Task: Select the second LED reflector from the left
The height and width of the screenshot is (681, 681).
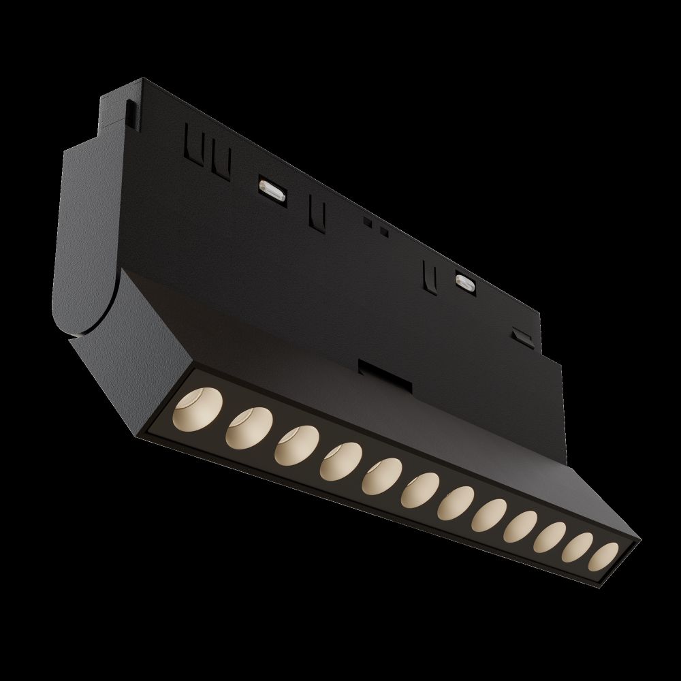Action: [x=247, y=428]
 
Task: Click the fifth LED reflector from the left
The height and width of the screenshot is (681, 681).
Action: [x=381, y=475]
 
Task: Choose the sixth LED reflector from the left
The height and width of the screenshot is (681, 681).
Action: [x=420, y=490]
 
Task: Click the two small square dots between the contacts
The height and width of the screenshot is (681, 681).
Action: [x=375, y=226]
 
